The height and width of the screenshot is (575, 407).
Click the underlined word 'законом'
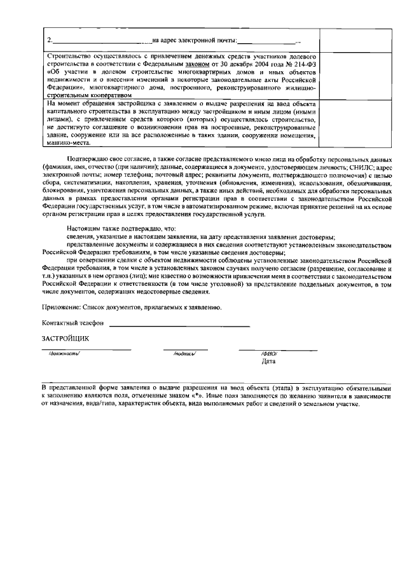click(x=197, y=64)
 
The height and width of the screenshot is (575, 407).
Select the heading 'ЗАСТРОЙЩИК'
click(x=66, y=338)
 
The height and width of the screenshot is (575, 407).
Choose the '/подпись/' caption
click(x=184, y=354)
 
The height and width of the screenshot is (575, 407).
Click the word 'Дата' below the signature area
click(x=268, y=362)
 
